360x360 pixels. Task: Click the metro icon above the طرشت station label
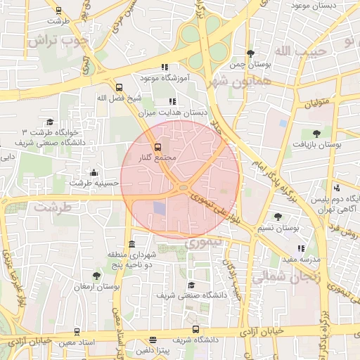(x=58, y=11)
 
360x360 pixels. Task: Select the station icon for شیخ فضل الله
(x=118, y=88)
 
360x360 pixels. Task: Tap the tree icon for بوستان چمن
(x=251, y=53)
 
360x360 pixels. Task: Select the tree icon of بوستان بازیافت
(x=316, y=133)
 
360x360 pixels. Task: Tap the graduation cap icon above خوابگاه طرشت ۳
(x=49, y=122)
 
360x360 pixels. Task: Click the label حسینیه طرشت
(x=94, y=183)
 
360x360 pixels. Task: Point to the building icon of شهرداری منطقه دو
(x=132, y=243)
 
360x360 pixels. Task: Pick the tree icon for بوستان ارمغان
(x=96, y=276)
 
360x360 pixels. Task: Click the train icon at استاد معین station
(x=77, y=331)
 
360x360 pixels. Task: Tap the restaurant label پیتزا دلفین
(x=153, y=349)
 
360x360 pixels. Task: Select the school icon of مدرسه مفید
(x=301, y=248)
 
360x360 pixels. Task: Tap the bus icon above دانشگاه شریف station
(x=195, y=329)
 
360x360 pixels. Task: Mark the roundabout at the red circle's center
(x=182, y=187)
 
